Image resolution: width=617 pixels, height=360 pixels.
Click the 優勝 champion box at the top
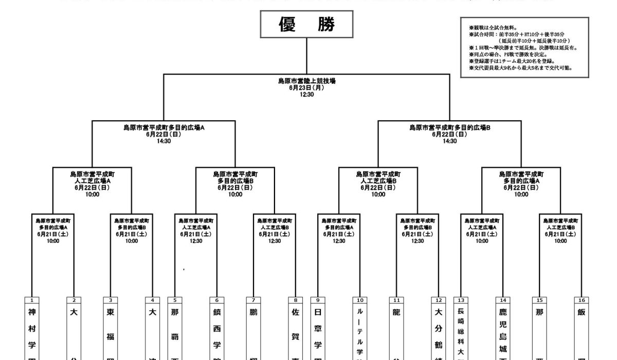click(x=307, y=25)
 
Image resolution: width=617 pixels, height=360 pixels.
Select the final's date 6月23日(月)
click(x=307, y=88)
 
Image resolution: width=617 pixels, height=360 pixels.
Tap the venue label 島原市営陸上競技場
click(x=307, y=81)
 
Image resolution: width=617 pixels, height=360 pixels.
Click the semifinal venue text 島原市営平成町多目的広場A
click(x=164, y=127)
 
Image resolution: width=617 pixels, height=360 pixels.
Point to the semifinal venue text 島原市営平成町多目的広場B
click(x=450, y=127)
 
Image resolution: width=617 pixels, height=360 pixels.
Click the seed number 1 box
click(x=32, y=300)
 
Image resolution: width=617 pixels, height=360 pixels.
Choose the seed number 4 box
click(x=153, y=300)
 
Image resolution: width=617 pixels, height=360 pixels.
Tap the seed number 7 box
click(x=253, y=300)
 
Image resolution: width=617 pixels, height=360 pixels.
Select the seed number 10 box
click(x=360, y=300)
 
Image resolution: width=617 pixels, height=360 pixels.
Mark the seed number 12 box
click(x=439, y=300)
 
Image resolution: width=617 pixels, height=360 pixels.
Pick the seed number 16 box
click(x=582, y=300)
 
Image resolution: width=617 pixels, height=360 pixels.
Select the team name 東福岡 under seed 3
click(x=111, y=334)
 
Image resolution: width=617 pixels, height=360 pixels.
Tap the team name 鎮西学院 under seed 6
click(x=216, y=334)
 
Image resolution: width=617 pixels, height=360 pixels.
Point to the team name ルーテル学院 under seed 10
click(x=360, y=334)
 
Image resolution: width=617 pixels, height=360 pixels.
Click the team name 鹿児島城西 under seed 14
click(x=503, y=334)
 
